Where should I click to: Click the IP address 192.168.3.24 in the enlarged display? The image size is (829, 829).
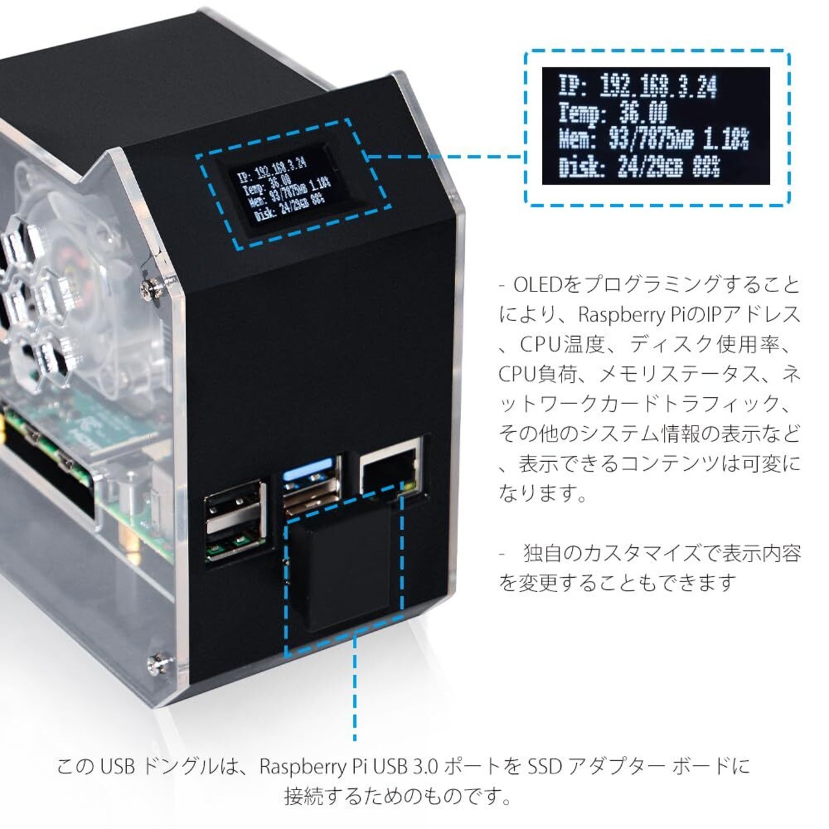pyautogui.click(x=657, y=86)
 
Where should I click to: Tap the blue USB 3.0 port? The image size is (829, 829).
pyautogui.click(x=311, y=480)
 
